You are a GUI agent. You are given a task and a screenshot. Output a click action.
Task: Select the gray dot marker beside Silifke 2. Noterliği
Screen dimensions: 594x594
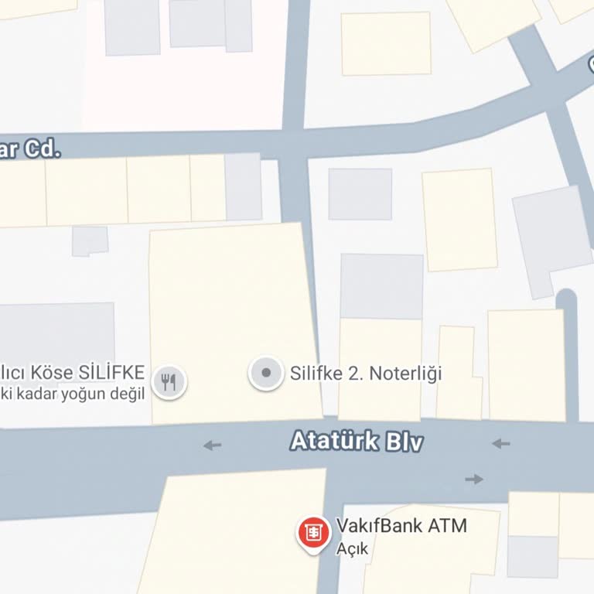[x=266, y=373]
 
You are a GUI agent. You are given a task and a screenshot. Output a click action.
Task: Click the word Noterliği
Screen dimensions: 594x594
[x=405, y=374]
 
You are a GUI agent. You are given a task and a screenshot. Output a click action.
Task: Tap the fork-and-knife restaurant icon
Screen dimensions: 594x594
[x=169, y=381]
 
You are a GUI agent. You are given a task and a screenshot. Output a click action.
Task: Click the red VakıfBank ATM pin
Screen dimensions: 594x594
[x=313, y=532]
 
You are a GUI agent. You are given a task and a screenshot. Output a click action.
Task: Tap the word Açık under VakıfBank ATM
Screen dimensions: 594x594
[x=353, y=550]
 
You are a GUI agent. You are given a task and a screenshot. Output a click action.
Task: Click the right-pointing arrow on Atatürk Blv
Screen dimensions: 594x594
[x=474, y=480]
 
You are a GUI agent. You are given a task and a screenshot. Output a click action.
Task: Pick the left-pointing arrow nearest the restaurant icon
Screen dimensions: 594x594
[x=212, y=445]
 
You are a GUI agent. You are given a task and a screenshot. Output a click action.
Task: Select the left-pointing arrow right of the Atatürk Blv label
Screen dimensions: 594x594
[x=501, y=443]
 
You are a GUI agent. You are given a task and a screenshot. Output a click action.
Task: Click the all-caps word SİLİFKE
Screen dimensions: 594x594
[x=111, y=373]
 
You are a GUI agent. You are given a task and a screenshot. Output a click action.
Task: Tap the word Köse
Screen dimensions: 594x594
[x=55, y=373]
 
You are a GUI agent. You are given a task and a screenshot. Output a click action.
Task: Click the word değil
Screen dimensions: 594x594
[x=128, y=394]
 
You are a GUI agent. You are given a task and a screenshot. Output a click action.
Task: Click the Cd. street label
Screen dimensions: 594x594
[x=42, y=148]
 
